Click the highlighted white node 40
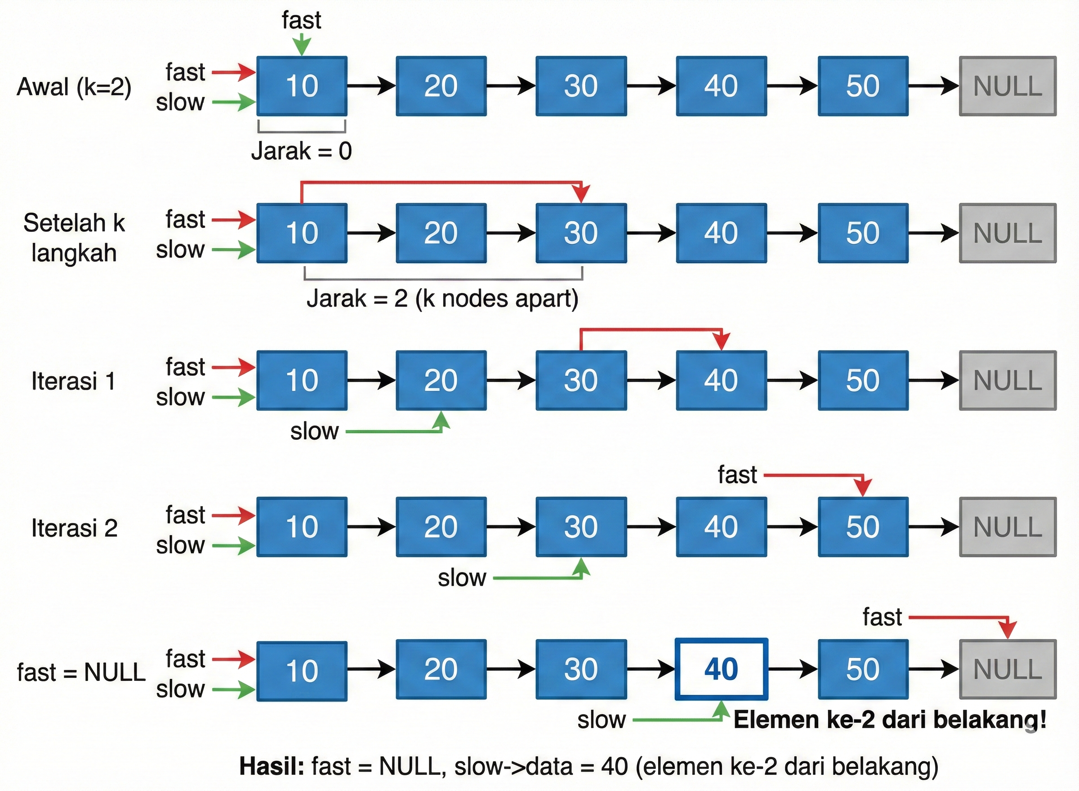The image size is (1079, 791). pyautogui.click(x=721, y=669)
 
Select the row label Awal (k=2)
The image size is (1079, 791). pyautogui.click(x=74, y=87)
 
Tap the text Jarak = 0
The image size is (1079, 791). pyautogui.click(x=301, y=151)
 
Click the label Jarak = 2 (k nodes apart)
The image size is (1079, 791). pyautogui.click(x=442, y=299)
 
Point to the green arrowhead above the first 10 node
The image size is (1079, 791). pyautogui.click(x=302, y=47)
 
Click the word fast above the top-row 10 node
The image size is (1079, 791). pyautogui.click(x=301, y=21)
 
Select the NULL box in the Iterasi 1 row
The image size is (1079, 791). pyautogui.click(x=1007, y=381)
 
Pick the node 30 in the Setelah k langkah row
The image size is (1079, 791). pyautogui.click(x=581, y=233)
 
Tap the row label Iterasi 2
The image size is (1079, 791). pyautogui.click(x=74, y=528)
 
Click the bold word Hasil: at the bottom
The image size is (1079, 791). pyautogui.click(x=271, y=766)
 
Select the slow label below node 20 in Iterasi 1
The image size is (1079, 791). pyautogui.click(x=314, y=431)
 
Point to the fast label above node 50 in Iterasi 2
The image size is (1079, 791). pyautogui.click(x=737, y=475)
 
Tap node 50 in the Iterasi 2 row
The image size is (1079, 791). pyautogui.click(x=863, y=527)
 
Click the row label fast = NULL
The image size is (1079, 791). pyautogui.click(x=81, y=672)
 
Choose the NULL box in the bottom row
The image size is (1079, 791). pyautogui.click(x=1007, y=669)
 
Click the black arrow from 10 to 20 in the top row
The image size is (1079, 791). pyautogui.click(x=371, y=86)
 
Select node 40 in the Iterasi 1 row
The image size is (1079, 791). pyautogui.click(x=721, y=381)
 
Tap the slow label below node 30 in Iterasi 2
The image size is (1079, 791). pyautogui.click(x=462, y=578)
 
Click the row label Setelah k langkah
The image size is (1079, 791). pyautogui.click(x=74, y=238)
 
